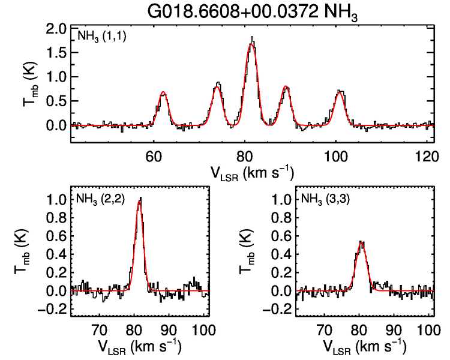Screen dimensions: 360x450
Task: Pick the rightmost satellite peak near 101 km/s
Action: pos(340,92)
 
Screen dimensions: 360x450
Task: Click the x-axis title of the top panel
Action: pos(251,173)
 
